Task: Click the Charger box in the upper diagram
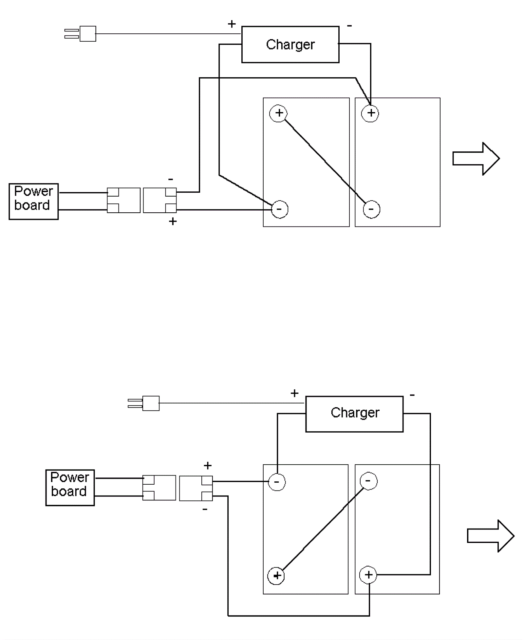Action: [290, 44]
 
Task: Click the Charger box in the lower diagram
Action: [354, 414]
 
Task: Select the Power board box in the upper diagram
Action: [33, 201]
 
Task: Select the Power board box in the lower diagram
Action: [70, 487]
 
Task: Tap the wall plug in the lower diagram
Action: [144, 403]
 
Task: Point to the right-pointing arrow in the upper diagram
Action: [476, 159]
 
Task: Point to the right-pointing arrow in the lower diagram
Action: [490, 536]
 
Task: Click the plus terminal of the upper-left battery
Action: [278, 113]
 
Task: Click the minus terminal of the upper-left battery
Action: [280, 209]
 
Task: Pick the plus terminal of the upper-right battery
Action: [370, 113]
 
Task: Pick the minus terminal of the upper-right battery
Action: [371, 209]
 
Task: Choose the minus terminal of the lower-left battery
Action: [277, 482]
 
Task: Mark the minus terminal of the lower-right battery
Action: [368, 481]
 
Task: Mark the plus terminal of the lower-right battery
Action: [368, 575]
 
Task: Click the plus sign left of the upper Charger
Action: [232, 24]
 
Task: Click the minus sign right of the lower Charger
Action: [412, 395]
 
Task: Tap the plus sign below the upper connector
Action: [173, 222]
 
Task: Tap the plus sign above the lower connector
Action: [208, 465]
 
